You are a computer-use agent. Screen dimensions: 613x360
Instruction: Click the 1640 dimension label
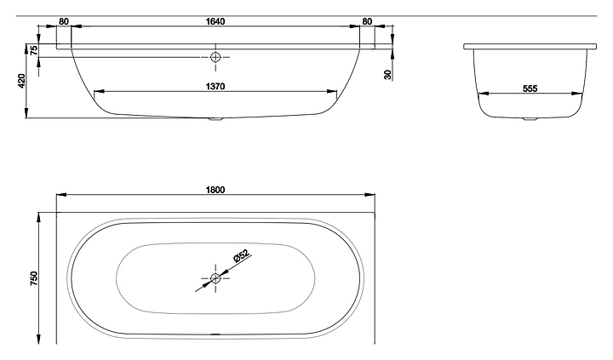point(215,21)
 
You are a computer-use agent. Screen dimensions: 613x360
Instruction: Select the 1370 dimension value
point(215,87)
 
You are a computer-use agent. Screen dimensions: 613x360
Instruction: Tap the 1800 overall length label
point(215,190)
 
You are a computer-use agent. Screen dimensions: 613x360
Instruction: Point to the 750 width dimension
point(34,278)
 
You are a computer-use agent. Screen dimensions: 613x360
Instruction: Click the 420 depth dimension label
point(21,81)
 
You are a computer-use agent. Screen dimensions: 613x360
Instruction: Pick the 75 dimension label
point(34,50)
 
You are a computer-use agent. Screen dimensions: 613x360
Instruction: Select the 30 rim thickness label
point(387,75)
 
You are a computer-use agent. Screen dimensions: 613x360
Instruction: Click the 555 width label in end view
point(530,89)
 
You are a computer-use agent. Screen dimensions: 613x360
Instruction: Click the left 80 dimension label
point(64,21)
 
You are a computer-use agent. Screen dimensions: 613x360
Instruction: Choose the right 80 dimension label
point(367,21)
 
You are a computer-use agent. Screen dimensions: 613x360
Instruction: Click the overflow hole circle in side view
point(215,57)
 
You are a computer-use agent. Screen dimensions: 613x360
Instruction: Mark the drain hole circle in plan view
point(215,278)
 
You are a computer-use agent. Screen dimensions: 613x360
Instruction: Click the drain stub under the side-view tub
point(215,119)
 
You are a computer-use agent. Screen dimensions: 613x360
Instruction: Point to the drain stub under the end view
point(530,119)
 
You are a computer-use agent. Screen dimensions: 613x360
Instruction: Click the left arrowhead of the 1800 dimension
point(62,194)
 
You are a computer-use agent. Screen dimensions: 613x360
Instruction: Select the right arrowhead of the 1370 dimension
point(331,91)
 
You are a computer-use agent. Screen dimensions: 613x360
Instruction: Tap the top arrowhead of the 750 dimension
point(38,218)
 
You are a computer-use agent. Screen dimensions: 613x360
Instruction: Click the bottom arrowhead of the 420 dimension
point(26,112)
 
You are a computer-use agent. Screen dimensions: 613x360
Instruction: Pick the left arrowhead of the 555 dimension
point(484,94)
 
